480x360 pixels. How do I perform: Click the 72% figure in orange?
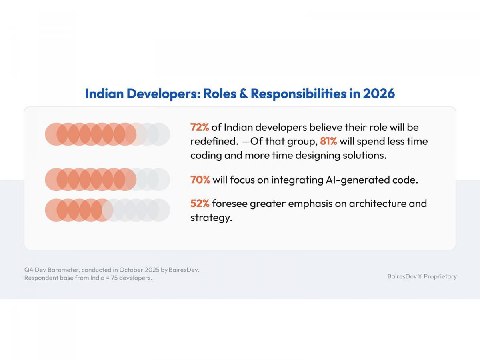200,128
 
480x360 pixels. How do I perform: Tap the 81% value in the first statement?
328,142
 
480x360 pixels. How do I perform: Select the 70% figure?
200,180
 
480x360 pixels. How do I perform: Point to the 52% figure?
200,204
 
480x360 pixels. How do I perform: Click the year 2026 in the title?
379,94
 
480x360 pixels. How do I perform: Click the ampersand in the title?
243,94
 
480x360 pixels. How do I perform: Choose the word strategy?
211,218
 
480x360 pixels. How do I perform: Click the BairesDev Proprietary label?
422,276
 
